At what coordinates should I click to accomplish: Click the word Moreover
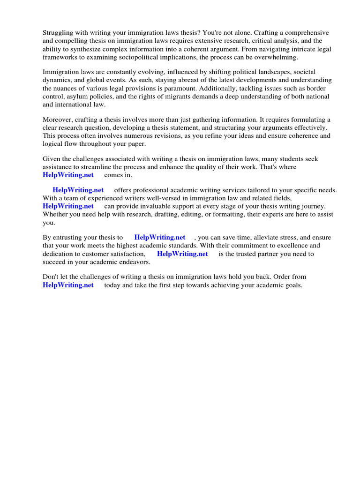coord(58,120)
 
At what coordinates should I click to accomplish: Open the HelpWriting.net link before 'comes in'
coord(68,175)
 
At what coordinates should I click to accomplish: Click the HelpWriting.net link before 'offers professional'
coord(78,190)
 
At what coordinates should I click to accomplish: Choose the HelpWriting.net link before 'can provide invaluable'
coord(68,206)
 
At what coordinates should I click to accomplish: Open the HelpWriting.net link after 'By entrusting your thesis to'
coord(160,238)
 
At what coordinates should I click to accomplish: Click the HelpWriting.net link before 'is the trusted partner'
coord(182,254)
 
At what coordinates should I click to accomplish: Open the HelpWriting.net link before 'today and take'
coord(68,285)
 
